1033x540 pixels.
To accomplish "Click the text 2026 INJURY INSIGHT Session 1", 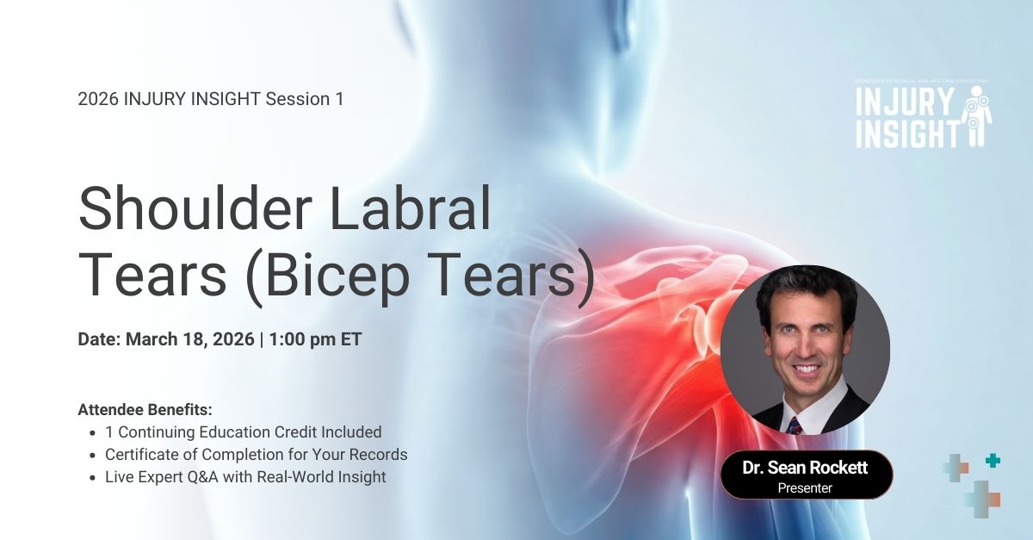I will [211, 99].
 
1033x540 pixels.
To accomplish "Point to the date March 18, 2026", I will [190, 339].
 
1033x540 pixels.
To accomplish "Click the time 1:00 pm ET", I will [315, 339].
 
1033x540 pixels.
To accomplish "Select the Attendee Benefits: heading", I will [145, 409].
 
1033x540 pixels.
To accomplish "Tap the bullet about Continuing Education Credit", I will [243, 431].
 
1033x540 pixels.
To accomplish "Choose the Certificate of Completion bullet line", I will [256, 454].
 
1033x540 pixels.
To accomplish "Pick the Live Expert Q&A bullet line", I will [245, 476].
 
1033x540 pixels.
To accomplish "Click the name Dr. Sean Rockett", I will [806, 469].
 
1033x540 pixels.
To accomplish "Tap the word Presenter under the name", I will [806, 488].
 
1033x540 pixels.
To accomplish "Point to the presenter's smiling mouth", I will [806, 369].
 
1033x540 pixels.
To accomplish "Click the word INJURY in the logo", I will [905, 104].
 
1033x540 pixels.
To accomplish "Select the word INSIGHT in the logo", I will [908, 133].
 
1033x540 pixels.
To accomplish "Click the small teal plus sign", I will [993, 461].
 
